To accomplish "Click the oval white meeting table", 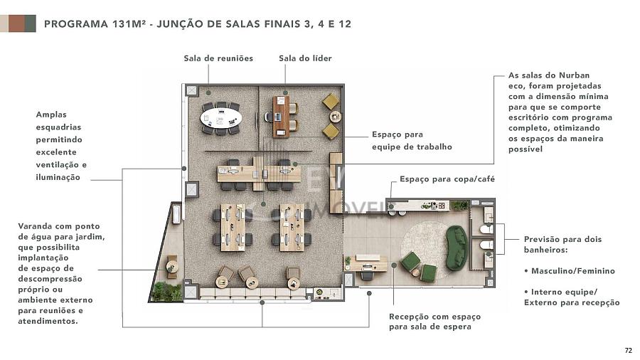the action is click(220, 119).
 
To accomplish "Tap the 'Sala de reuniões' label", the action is click(218, 58).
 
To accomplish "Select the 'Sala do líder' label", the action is click(305, 58).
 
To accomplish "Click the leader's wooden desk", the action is click(281, 117).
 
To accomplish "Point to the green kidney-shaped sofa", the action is click(457, 248).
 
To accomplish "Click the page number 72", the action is click(628, 350).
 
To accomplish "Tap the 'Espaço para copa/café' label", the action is click(447, 179).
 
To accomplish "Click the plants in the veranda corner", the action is click(166, 292).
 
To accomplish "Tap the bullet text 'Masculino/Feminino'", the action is click(572, 270).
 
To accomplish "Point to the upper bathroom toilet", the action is click(486, 229).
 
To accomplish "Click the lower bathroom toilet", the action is click(486, 245).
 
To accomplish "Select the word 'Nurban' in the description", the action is click(574, 75).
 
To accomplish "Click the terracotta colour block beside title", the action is click(16, 23).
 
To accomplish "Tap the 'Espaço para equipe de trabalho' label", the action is click(412, 140).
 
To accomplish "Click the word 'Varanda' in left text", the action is click(35, 226).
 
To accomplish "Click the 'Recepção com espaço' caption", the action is click(434, 317).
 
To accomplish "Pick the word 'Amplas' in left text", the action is click(51, 115).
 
